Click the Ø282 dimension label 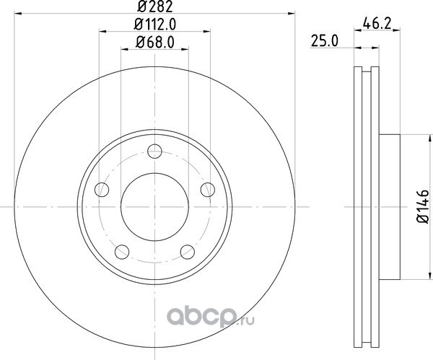coord(155,6)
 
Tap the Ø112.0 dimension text coord(155,25)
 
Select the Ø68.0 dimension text coord(155,43)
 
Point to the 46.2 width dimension coord(377,23)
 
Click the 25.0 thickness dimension coord(325,41)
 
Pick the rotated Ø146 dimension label coord(423,206)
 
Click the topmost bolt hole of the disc coord(154,151)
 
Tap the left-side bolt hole coord(102,190)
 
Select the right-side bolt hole coord(208,190)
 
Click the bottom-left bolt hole coord(122,252)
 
